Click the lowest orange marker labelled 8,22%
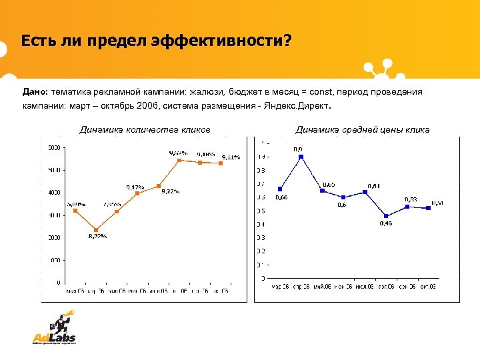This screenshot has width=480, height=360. [96, 230]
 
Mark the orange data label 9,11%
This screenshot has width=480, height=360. [231, 157]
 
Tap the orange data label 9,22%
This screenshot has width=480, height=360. [171, 192]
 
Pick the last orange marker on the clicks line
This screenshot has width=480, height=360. [221, 163]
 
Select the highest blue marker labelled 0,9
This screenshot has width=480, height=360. [301, 157]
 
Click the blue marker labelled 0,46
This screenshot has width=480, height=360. [386, 216]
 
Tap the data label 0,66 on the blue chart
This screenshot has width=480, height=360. [282, 198]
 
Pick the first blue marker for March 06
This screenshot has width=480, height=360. [280, 189]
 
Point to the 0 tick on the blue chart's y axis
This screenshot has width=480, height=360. [263, 278]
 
